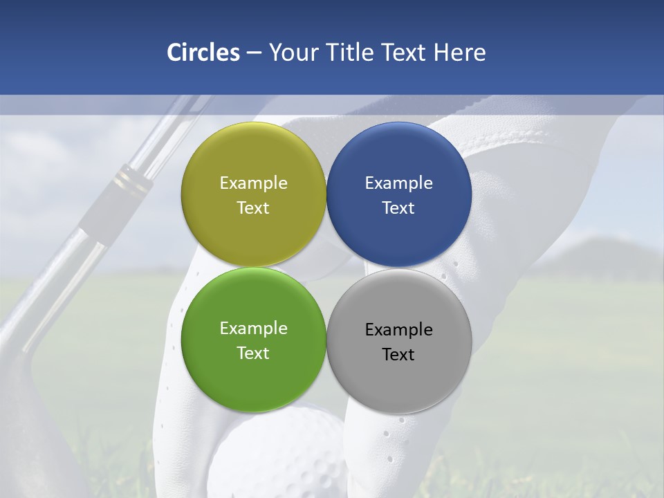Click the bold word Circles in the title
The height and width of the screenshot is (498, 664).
coord(203,53)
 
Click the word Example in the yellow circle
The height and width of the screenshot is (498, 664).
coord(253,183)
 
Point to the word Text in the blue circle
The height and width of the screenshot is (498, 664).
coord(398,207)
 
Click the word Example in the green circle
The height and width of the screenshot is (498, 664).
coord(253,329)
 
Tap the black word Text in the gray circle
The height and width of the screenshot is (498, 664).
coord(398,354)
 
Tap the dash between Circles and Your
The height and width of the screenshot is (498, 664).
coord(254,53)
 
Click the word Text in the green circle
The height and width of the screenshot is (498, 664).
coord(253,353)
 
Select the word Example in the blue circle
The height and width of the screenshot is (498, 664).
coord(398,183)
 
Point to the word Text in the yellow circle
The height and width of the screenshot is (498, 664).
coord(253,207)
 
